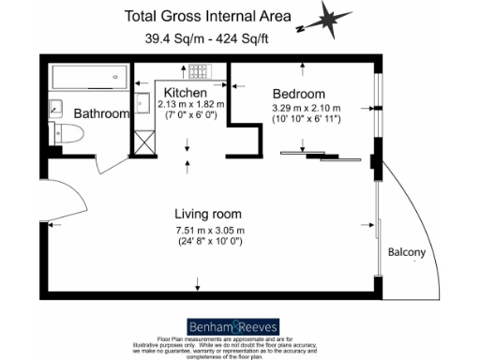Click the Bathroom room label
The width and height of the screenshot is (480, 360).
pyautogui.click(x=101, y=113)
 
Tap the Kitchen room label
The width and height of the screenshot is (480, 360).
pyautogui.click(x=185, y=93)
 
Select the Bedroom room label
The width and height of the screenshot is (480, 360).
pyautogui.click(x=298, y=94)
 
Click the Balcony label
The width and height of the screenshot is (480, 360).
pyautogui.click(x=407, y=253)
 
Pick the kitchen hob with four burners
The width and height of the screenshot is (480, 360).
pyautogui.click(x=200, y=71)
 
